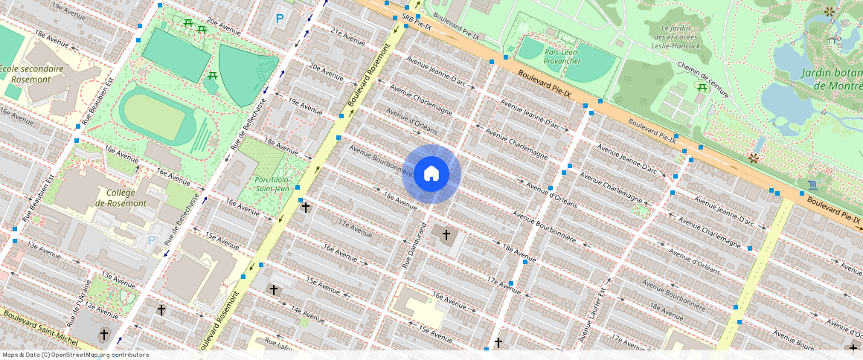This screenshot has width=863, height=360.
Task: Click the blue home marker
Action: [431, 174]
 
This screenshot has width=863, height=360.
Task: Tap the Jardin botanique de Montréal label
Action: [831, 79]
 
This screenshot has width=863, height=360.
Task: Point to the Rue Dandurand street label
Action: [415, 243]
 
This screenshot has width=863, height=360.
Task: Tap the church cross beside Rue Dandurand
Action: [446, 236]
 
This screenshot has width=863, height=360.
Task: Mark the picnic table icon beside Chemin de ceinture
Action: [702, 88]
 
